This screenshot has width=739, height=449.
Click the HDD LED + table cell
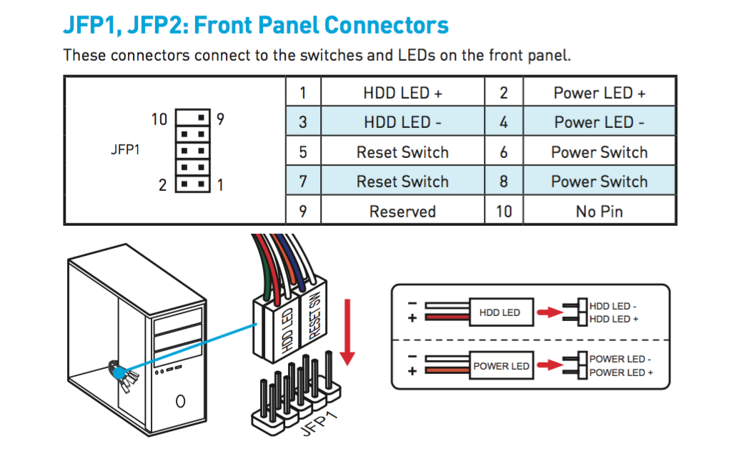coord(402,92)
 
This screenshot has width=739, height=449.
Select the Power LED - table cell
coord(599,122)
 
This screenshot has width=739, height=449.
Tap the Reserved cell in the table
coord(402,212)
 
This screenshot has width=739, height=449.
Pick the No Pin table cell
coord(599,212)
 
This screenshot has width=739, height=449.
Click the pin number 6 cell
coord(503,152)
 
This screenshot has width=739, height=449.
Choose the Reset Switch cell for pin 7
coord(402,182)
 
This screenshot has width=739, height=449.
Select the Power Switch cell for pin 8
coord(599,182)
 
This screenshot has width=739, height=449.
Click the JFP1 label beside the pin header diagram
coord(125,149)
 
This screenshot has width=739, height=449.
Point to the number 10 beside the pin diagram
coord(159,119)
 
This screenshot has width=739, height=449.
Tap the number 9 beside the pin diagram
coord(220,119)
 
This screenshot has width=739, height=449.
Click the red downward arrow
coord(347,332)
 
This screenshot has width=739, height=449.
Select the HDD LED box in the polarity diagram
coord(501,312)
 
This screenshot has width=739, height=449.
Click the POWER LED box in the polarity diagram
coord(501,365)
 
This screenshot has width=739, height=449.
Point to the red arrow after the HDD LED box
coord(550,312)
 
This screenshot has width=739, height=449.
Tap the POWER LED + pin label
coord(620,372)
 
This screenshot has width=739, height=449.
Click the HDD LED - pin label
coord(612,306)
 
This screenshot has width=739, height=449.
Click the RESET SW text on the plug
coord(315,315)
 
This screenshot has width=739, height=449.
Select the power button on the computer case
coord(180,401)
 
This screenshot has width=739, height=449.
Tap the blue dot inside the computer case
coord(119,373)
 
